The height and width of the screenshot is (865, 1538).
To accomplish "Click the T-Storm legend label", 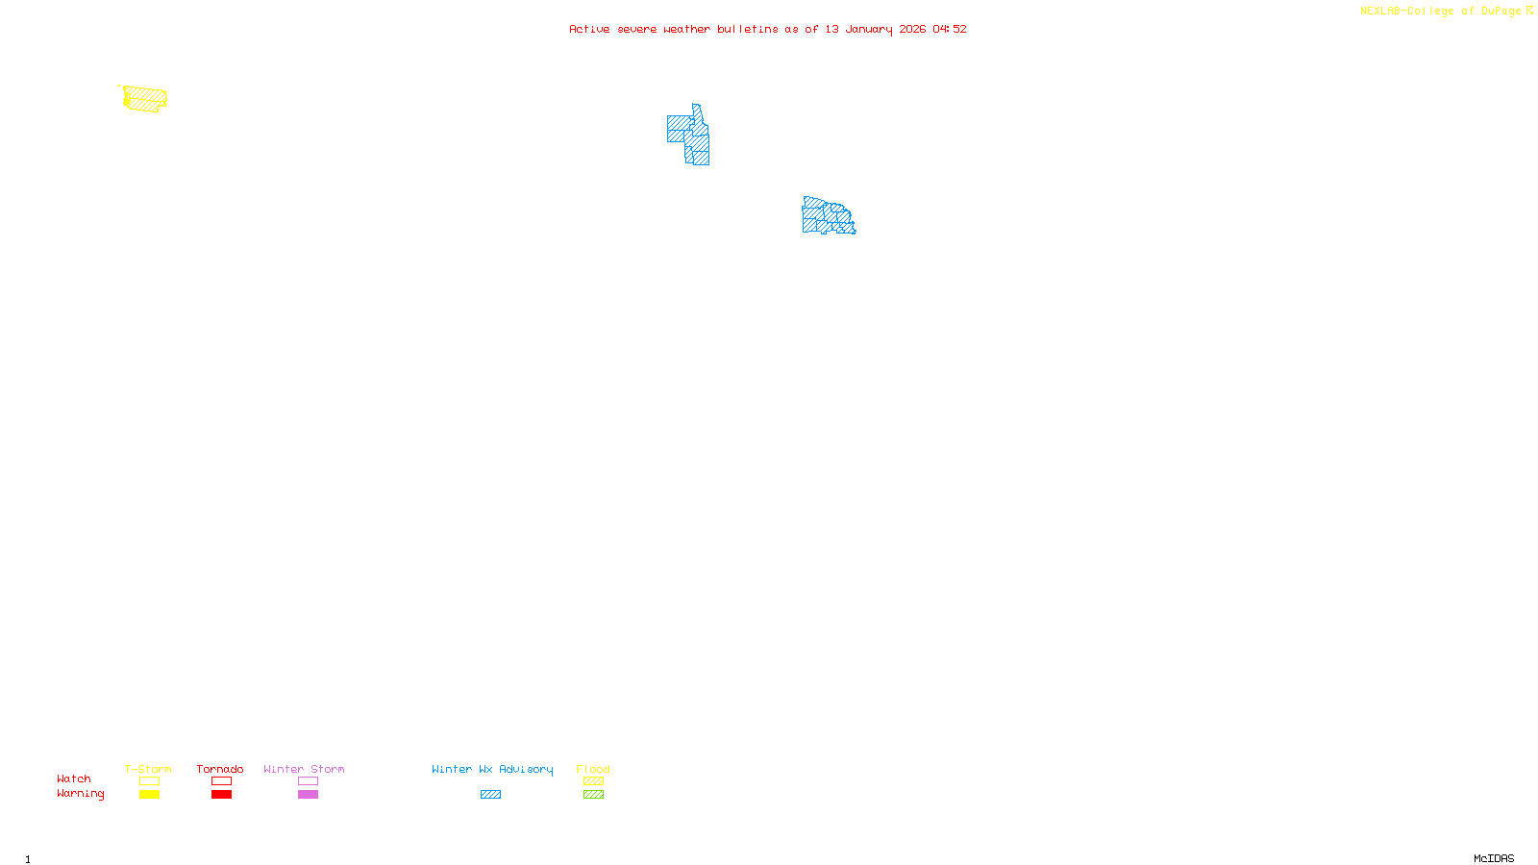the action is [148, 769].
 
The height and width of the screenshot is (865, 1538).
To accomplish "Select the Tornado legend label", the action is [220, 769].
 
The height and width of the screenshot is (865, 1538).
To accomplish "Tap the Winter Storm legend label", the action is [304, 769].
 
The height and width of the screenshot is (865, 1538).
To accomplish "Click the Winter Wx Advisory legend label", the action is [492, 769].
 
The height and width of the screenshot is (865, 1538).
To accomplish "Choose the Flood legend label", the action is [593, 769].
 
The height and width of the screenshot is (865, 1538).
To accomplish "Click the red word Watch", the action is [74, 778].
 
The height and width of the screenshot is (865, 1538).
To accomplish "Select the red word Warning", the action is [81, 794].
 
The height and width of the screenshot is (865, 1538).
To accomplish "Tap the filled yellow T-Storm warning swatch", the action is [149, 795].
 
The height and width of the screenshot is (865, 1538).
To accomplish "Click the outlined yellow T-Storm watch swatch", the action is [149, 781].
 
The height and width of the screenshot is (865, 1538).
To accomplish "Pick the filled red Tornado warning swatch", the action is [222, 795].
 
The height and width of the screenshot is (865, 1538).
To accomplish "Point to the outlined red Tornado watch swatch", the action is [222, 781].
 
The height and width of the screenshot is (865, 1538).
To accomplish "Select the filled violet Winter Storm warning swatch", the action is [308, 795].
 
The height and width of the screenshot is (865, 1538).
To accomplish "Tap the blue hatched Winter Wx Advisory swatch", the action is [490, 795].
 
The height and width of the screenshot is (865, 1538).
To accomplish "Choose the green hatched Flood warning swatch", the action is [593, 795].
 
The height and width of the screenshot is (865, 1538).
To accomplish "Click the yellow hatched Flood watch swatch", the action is [593, 781].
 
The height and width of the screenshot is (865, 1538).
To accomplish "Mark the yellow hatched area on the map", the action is [145, 99].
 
